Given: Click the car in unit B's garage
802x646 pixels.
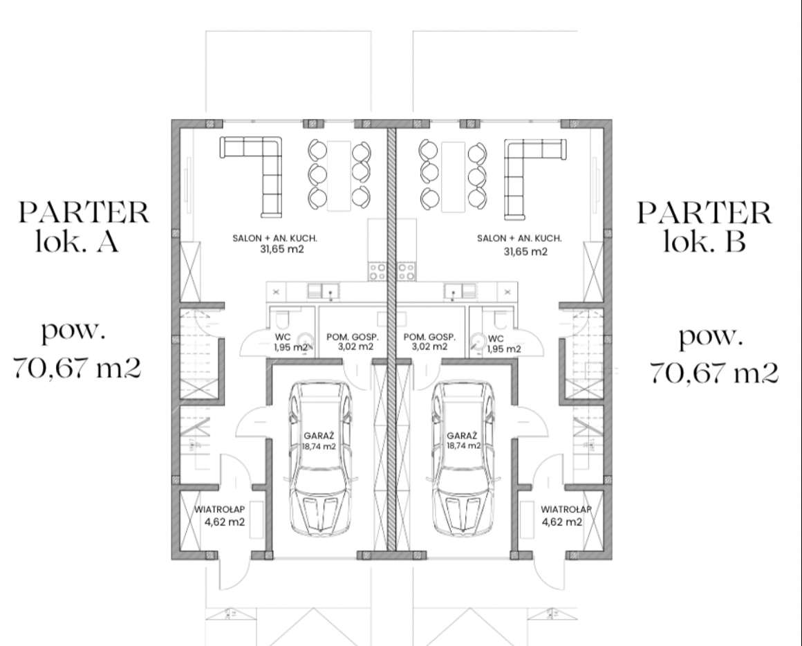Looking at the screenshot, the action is click(463, 459).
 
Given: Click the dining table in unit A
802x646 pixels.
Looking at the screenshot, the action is click(339, 175).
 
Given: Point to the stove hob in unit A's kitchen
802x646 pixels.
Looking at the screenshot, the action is click(377, 272).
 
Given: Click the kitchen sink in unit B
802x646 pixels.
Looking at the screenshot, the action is click(460, 291).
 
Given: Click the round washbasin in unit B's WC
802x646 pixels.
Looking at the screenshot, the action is click(478, 340).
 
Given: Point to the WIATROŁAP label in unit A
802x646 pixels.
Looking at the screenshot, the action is click(219, 510).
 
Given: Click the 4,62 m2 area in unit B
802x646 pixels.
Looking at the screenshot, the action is click(561, 522).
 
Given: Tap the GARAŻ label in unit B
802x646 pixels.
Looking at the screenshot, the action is click(462, 436).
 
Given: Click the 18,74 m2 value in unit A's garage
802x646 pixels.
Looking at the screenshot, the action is click(319, 447).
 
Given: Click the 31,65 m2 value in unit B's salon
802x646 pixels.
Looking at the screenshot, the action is click(526, 252).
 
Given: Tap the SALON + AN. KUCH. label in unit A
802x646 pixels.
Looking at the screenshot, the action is click(274, 238).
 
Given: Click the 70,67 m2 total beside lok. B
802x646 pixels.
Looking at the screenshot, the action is click(714, 372).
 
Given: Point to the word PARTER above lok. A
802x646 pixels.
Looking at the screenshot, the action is click(84, 212).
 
